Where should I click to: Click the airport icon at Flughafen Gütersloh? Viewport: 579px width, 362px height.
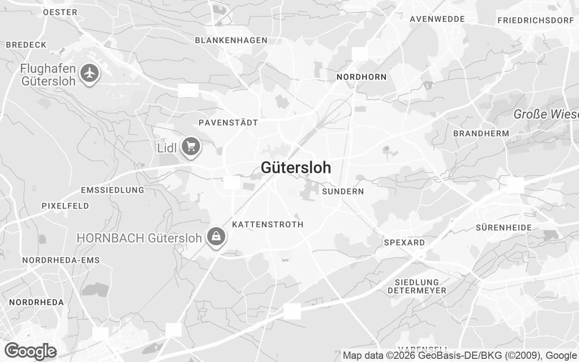tap(90, 73)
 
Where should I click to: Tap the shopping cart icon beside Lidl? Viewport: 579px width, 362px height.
tap(191, 147)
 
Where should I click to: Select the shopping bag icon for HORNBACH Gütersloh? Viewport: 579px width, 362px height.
tap(217, 237)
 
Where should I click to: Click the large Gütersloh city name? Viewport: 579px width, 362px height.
tap(296, 167)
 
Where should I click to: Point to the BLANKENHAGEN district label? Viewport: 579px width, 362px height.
tap(231, 40)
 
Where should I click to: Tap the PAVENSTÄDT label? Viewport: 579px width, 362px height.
tap(228, 123)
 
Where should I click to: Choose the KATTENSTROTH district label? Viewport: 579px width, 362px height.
tap(268, 224)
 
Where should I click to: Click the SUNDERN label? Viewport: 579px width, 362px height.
tap(343, 191)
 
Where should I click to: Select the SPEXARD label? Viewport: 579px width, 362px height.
tap(404, 243)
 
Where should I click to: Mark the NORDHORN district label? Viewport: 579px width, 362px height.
tap(361, 77)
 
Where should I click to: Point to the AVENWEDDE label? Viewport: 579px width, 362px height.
tap(437, 19)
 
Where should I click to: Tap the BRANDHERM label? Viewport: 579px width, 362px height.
tap(481, 133)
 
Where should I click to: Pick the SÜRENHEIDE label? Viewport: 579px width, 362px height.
tap(504, 228)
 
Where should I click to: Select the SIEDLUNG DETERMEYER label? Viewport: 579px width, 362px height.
tap(417, 286)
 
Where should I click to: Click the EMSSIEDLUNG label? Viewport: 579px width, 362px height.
tap(112, 190)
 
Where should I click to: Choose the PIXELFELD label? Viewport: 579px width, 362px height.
tap(66, 206)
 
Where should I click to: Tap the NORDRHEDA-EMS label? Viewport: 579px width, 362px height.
tap(61, 260)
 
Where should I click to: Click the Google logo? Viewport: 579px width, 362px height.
tap(30, 351)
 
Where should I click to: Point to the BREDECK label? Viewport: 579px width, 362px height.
tap(26, 45)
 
